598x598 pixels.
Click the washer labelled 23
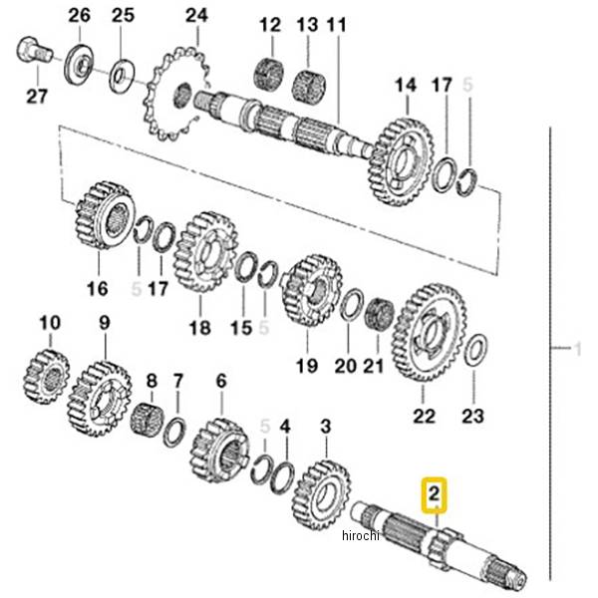pyautogui.click(x=475, y=351)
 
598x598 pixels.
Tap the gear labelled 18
pyautogui.click(x=204, y=250)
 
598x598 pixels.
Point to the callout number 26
pyautogui.click(x=80, y=16)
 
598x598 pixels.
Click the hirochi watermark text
pyautogui.click(x=360, y=536)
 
